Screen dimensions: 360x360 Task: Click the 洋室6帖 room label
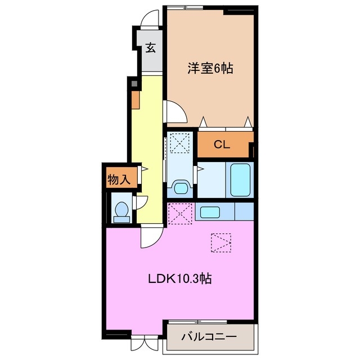click(210, 69)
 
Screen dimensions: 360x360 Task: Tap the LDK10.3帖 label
click(180, 278)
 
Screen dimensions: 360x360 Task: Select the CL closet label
click(222, 145)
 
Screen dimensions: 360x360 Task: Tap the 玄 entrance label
click(151, 48)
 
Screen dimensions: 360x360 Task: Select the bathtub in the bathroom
click(240, 179)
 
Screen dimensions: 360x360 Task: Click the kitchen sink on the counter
click(210, 213)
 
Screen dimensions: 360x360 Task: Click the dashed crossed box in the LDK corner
click(181, 213)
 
